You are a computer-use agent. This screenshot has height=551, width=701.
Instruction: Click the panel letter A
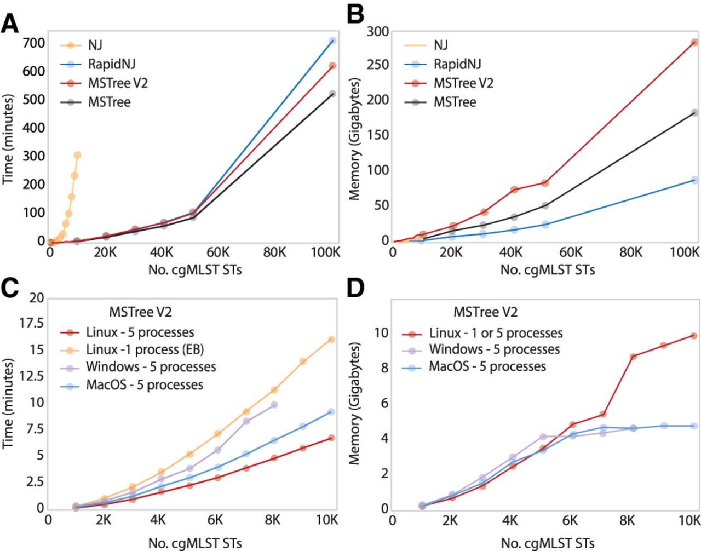(x=9, y=24)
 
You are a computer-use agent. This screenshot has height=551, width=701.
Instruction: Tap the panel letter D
(x=355, y=288)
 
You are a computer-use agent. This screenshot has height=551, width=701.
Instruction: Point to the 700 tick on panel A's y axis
(x=34, y=42)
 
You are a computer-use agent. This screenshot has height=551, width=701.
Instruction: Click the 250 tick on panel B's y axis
(x=378, y=65)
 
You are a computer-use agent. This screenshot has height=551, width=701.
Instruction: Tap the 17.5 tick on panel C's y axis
(x=32, y=323)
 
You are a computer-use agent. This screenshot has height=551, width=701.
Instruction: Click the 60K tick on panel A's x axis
(x=218, y=252)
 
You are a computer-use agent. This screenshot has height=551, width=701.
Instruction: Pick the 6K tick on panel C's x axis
(x=215, y=520)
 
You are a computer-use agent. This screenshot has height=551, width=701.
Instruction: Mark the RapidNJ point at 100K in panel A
(x=332, y=41)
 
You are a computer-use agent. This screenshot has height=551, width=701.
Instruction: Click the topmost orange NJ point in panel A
(x=77, y=155)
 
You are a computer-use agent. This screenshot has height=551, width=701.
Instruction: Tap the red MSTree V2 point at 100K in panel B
(x=694, y=42)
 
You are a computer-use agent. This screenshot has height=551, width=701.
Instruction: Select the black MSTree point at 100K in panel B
(x=694, y=113)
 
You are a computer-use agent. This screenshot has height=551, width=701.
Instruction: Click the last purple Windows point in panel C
(x=274, y=405)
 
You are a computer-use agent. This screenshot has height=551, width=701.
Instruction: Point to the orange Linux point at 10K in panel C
(x=331, y=340)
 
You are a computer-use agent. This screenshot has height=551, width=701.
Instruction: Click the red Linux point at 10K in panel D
(x=694, y=336)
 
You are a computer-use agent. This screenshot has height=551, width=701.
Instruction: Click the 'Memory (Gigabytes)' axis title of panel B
(x=355, y=140)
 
